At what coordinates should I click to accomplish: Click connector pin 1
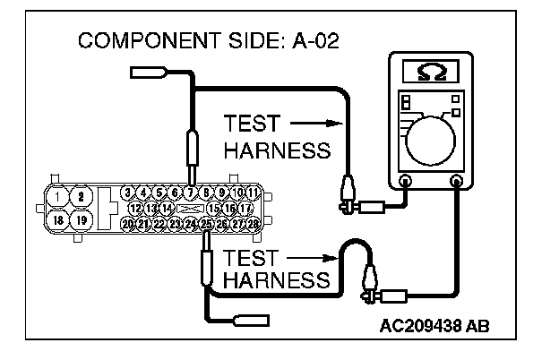point(58,195)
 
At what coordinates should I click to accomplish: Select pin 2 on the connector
point(81,195)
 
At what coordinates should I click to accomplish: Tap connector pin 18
point(58,219)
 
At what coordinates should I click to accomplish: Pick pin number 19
point(81,219)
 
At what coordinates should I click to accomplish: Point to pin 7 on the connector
point(190,193)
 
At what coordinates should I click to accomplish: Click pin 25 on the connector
point(207,223)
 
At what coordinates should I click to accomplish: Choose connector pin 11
point(254,193)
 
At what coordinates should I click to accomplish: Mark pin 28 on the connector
point(254,223)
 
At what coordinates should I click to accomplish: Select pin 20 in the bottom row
point(128,223)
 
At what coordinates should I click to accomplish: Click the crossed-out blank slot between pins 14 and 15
point(189,208)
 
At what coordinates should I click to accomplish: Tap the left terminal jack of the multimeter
point(405,181)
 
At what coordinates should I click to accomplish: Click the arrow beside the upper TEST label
point(318,123)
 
